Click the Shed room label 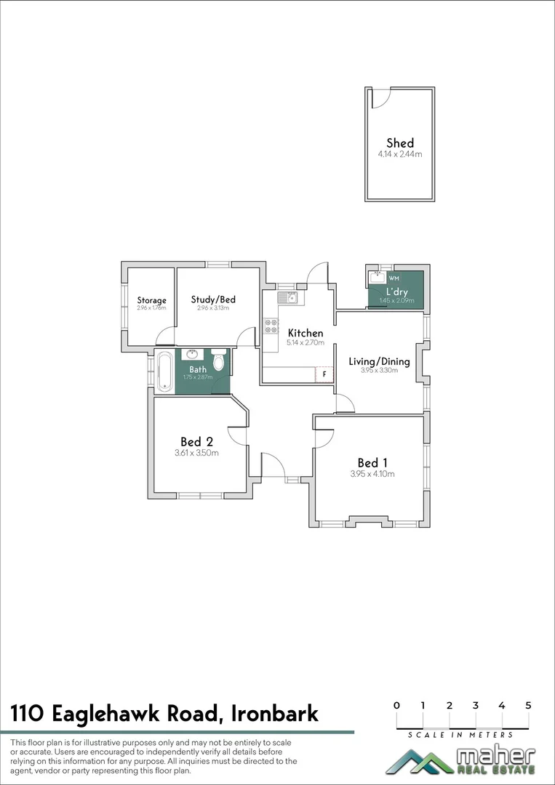point(400,143)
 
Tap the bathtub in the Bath point(164,370)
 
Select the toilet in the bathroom point(218,361)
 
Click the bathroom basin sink point(193,354)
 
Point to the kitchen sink point(287,297)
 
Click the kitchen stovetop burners point(271,326)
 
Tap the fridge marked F point(324,374)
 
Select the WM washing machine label point(394,278)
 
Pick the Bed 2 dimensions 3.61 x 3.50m point(196,453)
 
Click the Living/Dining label point(379,361)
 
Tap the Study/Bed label point(213,299)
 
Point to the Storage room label point(152,300)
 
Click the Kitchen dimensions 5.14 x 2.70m point(305,342)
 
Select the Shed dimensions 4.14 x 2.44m point(400,154)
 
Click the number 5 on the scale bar point(528,705)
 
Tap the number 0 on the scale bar point(396,705)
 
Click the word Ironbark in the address point(274,714)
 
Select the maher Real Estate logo point(460,761)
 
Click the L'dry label point(396,292)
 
